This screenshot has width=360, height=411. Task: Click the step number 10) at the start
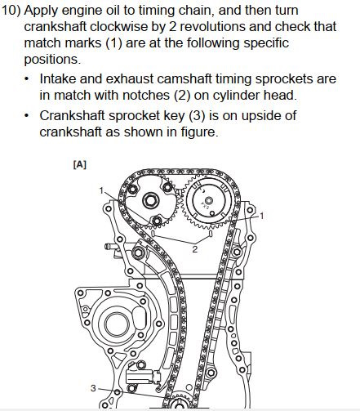(11, 11)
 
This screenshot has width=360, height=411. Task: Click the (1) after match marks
(114, 43)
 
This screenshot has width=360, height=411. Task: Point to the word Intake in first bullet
(58, 79)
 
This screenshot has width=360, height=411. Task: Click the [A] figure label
(80, 164)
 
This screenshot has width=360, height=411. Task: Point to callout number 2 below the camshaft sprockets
(195, 249)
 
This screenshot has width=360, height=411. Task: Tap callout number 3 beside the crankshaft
(93, 388)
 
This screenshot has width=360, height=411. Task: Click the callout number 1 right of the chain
(262, 216)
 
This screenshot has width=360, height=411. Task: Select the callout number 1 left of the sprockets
(102, 190)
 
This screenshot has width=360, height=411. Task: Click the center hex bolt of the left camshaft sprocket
(150, 201)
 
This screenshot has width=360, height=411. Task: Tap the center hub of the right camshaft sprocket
(209, 201)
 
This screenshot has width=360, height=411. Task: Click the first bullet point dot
(26, 79)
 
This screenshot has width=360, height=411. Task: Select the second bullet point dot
(26, 116)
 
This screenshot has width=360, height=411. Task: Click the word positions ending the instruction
(52, 60)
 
